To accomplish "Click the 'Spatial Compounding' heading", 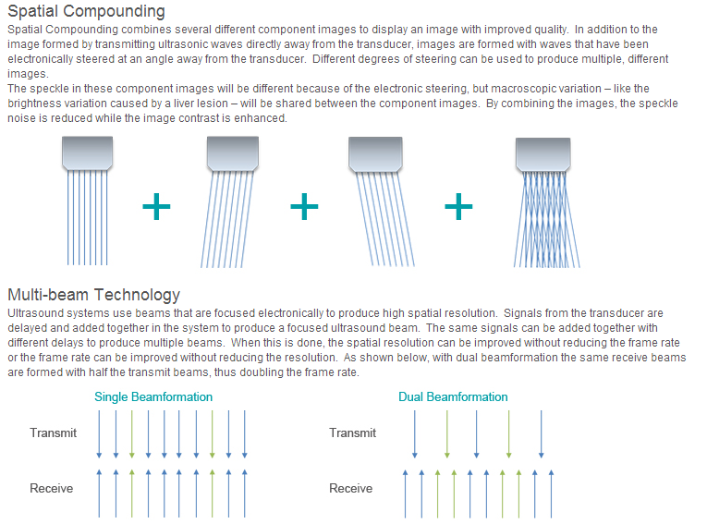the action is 86,12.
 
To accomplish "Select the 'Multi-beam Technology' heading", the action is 93,295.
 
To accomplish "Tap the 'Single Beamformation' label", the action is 153,396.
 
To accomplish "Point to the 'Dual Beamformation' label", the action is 453,396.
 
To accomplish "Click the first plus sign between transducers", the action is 156,206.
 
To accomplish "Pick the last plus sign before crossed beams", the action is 458,206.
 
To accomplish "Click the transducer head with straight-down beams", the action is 87,153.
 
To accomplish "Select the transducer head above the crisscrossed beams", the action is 542,154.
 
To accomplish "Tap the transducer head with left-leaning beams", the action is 233,153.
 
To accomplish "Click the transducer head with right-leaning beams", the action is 375,154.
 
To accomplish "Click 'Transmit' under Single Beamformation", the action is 54,433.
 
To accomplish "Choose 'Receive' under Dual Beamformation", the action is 351,488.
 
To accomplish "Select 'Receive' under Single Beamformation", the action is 52,488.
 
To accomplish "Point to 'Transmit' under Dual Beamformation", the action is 353,433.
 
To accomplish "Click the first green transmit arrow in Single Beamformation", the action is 131,434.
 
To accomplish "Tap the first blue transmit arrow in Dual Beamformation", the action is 415,434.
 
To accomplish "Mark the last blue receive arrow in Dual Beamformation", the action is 551,494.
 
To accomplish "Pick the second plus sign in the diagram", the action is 304,206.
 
